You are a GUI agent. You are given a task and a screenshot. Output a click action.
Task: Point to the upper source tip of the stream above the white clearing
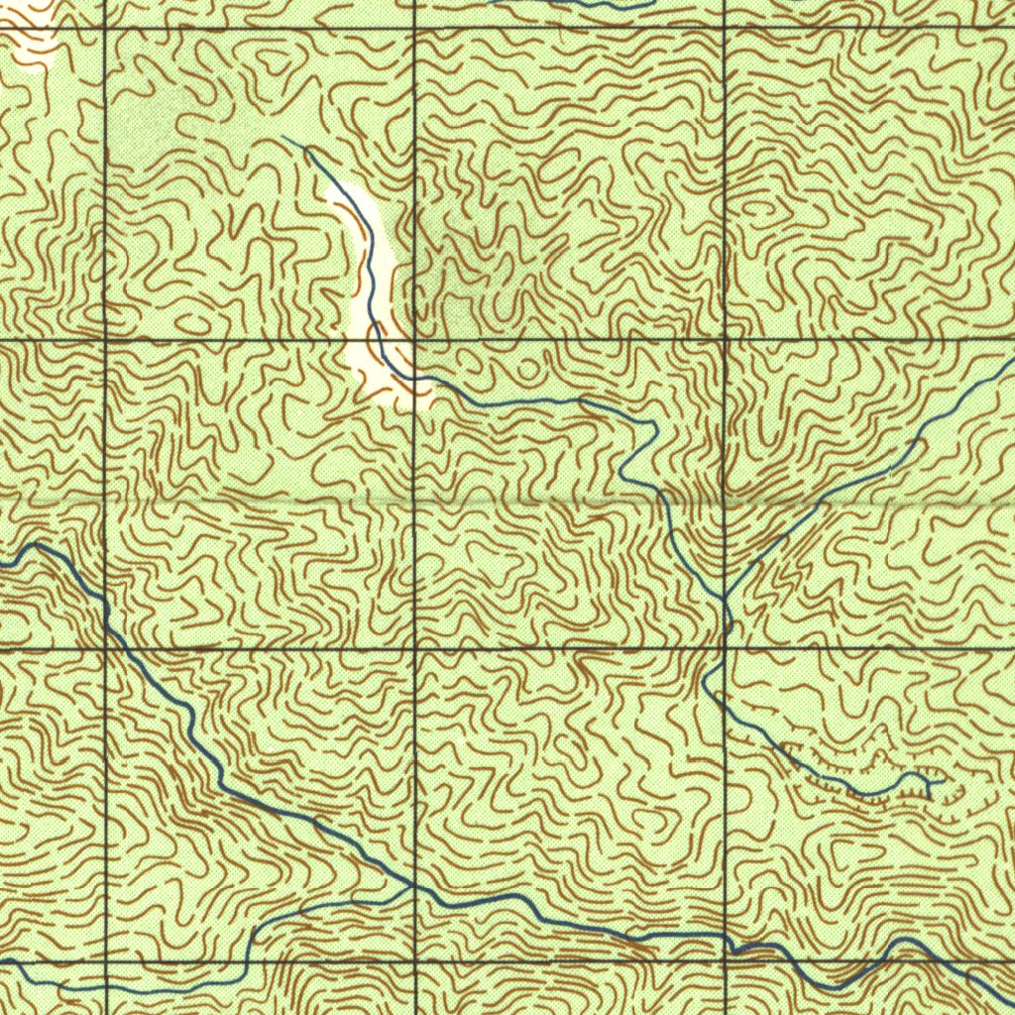283,138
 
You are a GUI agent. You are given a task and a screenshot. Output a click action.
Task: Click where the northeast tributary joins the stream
727,599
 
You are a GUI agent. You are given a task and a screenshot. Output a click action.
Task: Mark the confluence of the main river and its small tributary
412,885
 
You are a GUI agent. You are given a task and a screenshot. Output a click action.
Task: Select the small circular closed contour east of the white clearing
527,370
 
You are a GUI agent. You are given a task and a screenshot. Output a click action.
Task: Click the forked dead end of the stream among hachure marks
932,783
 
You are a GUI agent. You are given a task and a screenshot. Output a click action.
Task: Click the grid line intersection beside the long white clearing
413,339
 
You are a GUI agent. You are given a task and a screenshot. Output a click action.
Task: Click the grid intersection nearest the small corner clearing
106,30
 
